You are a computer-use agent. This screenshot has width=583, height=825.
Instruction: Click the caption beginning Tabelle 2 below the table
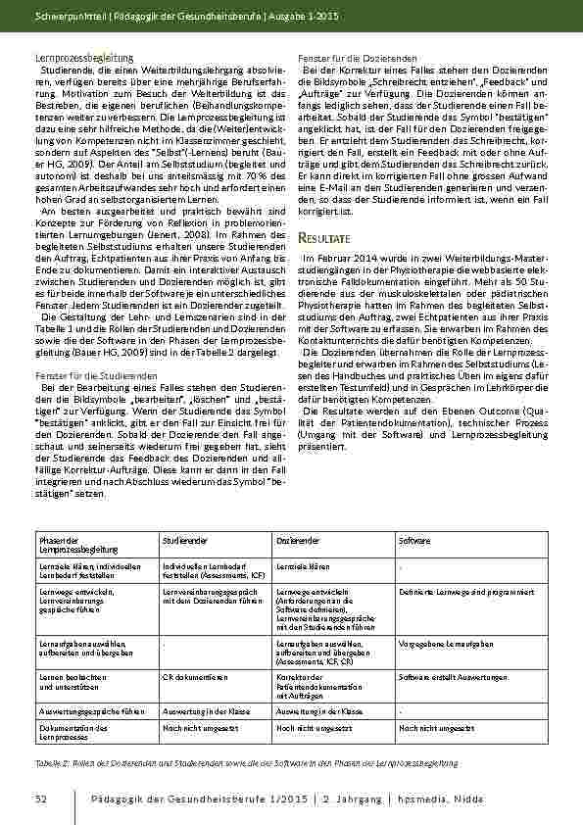[x=245, y=762]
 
